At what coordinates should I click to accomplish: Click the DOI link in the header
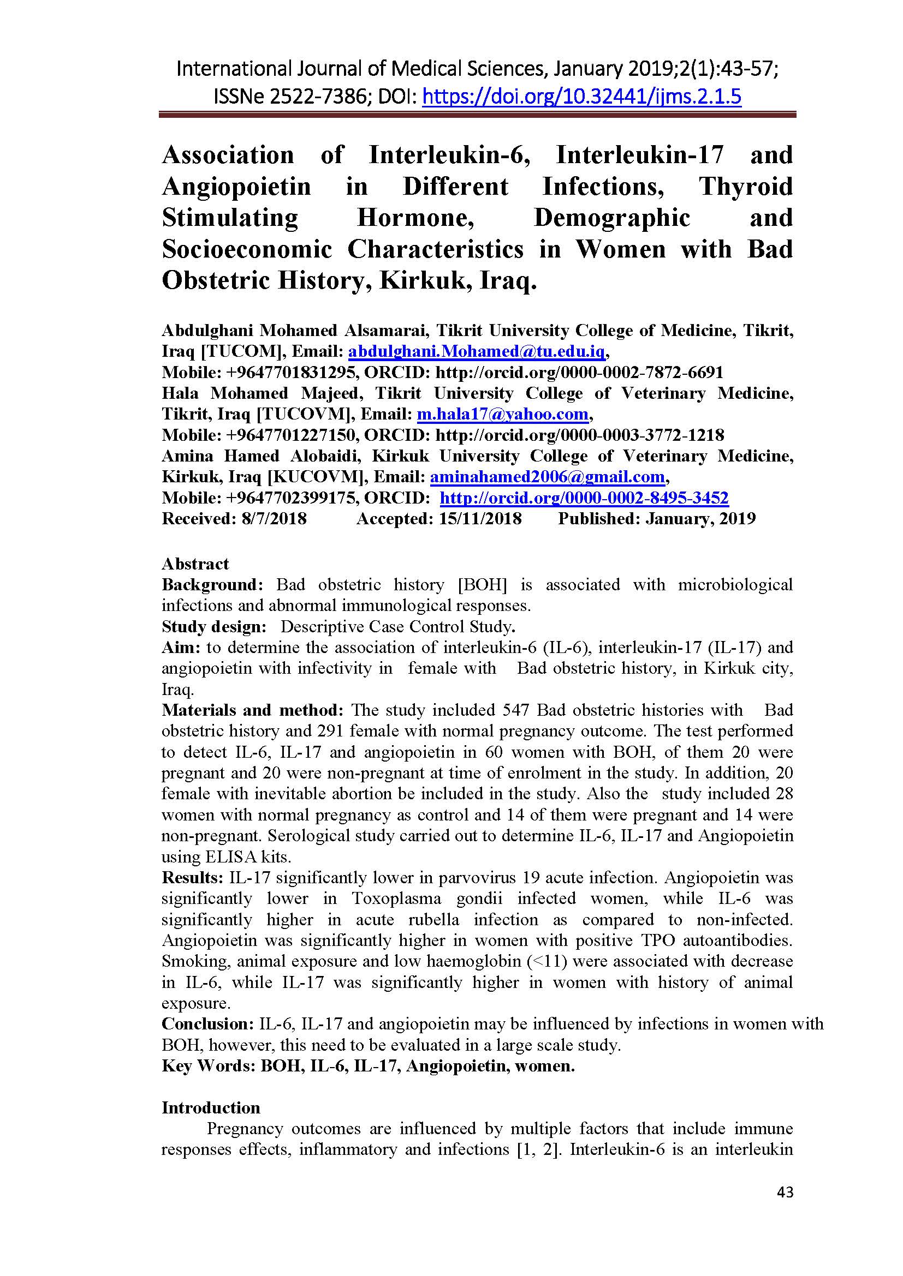click(581, 97)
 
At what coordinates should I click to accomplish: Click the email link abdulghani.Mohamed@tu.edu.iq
click(476, 352)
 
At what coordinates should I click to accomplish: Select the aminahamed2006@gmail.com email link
click(547, 477)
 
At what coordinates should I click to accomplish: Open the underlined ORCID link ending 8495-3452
click(584, 498)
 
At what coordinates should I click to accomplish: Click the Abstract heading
click(195, 564)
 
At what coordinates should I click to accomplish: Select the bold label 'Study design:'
click(215, 627)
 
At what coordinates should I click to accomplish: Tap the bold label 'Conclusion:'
click(208, 1023)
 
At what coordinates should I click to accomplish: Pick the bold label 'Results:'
click(192, 878)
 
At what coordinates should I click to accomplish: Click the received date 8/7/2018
click(274, 518)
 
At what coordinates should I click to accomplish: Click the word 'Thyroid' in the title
click(746, 187)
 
